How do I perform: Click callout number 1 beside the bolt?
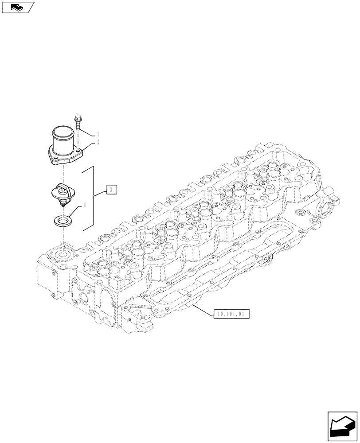click(x=98, y=134)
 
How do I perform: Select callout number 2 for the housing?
click(x=98, y=142)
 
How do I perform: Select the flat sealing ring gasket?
click(x=64, y=220)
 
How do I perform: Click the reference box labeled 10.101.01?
click(x=231, y=315)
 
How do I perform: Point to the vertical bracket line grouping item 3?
click(x=94, y=197)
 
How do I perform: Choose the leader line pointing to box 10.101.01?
click(x=202, y=308)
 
